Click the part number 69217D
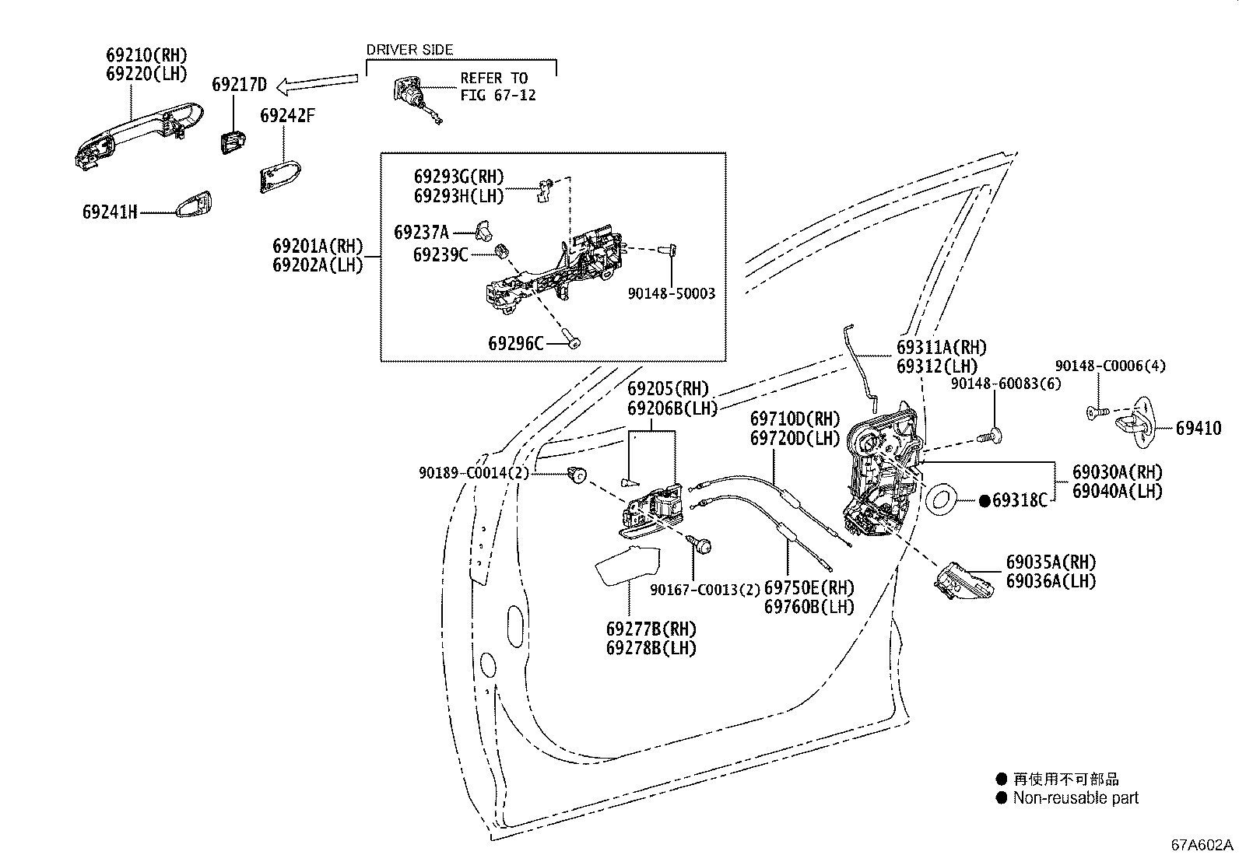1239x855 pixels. [239, 84]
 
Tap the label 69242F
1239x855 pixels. [287, 115]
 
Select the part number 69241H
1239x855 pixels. [110, 212]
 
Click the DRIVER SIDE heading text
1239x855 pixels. [409, 49]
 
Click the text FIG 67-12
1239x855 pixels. [498, 96]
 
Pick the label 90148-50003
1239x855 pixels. [671, 293]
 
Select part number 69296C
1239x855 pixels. [516, 342]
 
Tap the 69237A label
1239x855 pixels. [421, 232]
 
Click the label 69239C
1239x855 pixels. [440, 254]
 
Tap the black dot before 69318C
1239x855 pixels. [985, 501]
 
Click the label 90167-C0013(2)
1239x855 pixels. [704, 589]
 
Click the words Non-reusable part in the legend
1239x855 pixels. [1075, 798]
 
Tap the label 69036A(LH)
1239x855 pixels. [1051, 580]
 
